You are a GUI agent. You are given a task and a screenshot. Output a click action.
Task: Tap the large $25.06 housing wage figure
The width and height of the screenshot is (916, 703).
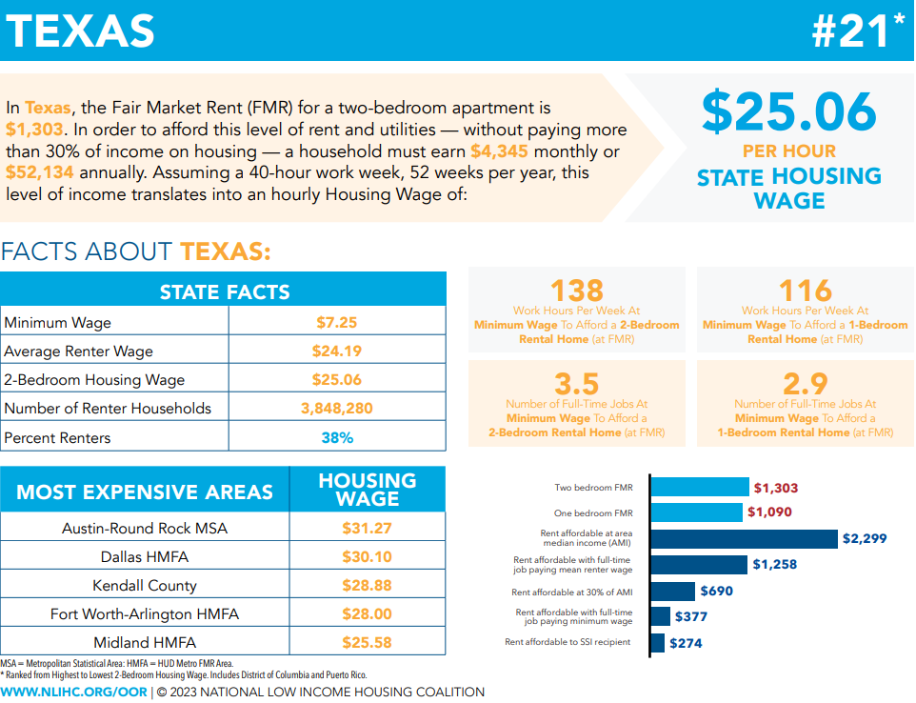click(x=788, y=111)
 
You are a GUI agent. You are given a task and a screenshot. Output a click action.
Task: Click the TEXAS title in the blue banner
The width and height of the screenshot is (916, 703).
click(x=80, y=30)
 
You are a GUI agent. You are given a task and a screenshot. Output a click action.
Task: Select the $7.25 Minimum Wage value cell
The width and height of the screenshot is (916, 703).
click(x=337, y=322)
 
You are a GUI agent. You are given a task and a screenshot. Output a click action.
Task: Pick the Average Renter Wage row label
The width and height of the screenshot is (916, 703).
click(x=78, y=351)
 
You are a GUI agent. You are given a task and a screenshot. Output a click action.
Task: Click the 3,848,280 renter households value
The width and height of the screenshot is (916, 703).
click(x=337, y=409)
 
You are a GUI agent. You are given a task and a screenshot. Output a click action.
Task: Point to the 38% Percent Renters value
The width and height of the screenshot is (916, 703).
click(x=337, y=438)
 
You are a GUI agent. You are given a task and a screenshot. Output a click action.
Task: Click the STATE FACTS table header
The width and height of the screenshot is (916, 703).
click(x=224, y=291)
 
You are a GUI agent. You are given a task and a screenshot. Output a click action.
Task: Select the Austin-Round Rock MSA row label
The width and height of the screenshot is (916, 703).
click(x=145, y=528)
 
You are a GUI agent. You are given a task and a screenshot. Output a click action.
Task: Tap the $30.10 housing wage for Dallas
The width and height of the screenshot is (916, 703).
click(x=367, y=556)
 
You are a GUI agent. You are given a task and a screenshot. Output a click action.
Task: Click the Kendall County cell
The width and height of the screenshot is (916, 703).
click(x=145, y=585)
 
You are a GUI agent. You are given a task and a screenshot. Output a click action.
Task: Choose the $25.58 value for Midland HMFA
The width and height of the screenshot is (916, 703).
click(x=367, y=642)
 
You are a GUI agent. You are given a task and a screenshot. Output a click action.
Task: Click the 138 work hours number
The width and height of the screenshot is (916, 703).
click(x=577, y=290)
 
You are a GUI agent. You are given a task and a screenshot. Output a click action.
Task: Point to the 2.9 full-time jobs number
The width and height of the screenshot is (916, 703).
click(x=806, y=384)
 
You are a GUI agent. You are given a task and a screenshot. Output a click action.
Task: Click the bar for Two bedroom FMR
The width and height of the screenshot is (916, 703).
click(x=699, y=488)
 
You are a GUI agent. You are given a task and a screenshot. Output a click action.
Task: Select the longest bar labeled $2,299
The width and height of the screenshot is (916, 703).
click(x=743, y=538)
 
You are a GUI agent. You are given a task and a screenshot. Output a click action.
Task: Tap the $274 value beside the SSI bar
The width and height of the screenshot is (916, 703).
click(x=685, y=643)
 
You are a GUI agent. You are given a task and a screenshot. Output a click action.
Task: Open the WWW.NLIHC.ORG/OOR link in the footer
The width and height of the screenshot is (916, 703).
click(x=74, y=692)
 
